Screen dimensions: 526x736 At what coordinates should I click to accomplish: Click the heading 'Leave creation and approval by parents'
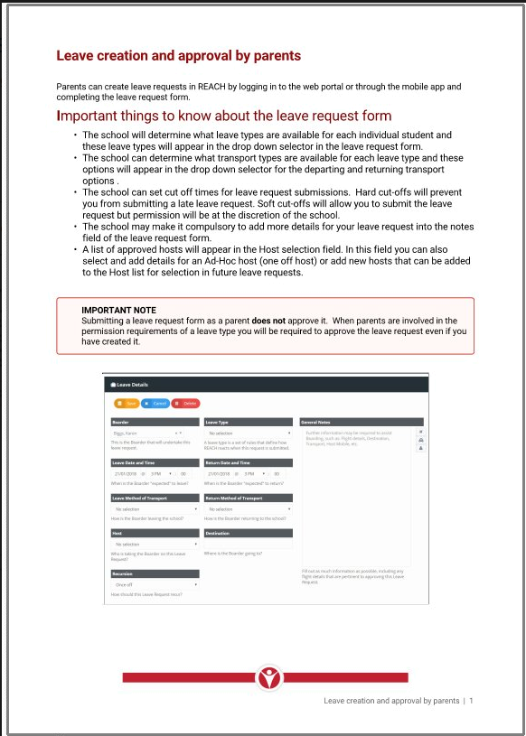point(179,56)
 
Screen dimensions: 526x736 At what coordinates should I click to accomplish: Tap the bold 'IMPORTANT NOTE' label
point(118,311)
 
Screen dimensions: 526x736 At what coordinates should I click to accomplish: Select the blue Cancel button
point(155,404)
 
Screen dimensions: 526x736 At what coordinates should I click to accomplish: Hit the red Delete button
point(185,404)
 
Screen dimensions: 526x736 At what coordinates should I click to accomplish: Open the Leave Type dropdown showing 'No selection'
point(248,433)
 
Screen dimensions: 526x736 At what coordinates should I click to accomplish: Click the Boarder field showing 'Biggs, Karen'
point(154,433)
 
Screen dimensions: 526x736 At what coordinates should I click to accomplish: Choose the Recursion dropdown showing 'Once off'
point(154,585)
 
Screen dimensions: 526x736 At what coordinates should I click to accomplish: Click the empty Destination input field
point(248,545)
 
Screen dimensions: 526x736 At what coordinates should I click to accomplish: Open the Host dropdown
point(154,545)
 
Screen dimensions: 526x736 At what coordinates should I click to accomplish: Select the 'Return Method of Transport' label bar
point(248,498)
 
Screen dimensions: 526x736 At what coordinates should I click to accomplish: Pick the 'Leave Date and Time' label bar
point(154,462)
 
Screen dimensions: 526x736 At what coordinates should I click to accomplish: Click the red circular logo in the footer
point(268,676)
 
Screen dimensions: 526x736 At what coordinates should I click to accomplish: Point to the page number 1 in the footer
point(471,701)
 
